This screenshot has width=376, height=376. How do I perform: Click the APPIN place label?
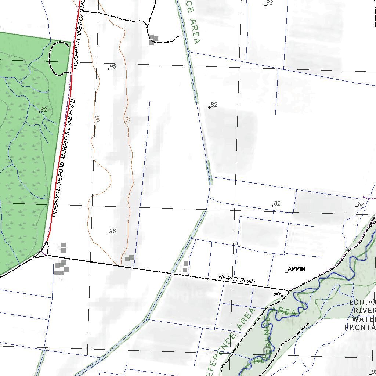296,269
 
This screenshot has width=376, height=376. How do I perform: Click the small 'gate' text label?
277,294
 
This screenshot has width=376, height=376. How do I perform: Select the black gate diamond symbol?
282,296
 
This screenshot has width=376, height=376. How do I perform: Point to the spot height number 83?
270,3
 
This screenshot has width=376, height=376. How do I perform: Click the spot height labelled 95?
113,66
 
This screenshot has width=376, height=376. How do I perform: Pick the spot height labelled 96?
113,231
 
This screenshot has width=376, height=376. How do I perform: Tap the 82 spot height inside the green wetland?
44,109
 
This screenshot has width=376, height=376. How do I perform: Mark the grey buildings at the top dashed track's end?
153,40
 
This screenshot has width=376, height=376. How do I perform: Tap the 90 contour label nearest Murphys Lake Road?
98,119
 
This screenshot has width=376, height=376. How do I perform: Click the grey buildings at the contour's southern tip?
129,258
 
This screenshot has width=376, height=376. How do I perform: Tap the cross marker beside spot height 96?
108,234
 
